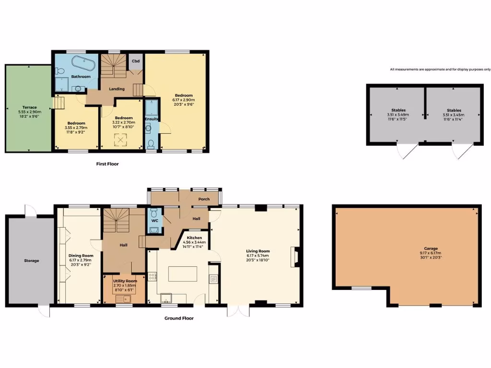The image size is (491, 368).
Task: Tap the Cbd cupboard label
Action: pyautogui.click(x=136, y=62)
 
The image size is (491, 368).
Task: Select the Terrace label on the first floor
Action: pyautogui.click(x=29, y=107)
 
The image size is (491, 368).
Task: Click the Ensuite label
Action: pyautogui.click(x=152, y=105)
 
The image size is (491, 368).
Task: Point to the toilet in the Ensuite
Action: pyautogui.click(x=152, y=143)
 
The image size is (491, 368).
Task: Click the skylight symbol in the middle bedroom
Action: pyautogui.click(x=117, y=139)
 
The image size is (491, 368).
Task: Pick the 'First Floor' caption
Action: pyautogui.click(x=107, y=164)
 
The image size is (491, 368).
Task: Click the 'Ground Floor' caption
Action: pyautogui.click(x=179, y=318)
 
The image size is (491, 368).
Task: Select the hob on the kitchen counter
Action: pyautogui.click(x=152, y=276)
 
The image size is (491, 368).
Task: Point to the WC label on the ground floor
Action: pyautogui.click(x=154, y=221)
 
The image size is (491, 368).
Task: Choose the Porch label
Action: pyautogui.click(x=204, y=200)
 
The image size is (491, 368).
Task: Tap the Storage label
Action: pyautogui.click(x=31, y=261)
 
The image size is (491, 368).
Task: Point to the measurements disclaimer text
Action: pyautogui.click(x=440, y=69)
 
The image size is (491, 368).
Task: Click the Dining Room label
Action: pyautogui.click(x=81, y=255)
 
